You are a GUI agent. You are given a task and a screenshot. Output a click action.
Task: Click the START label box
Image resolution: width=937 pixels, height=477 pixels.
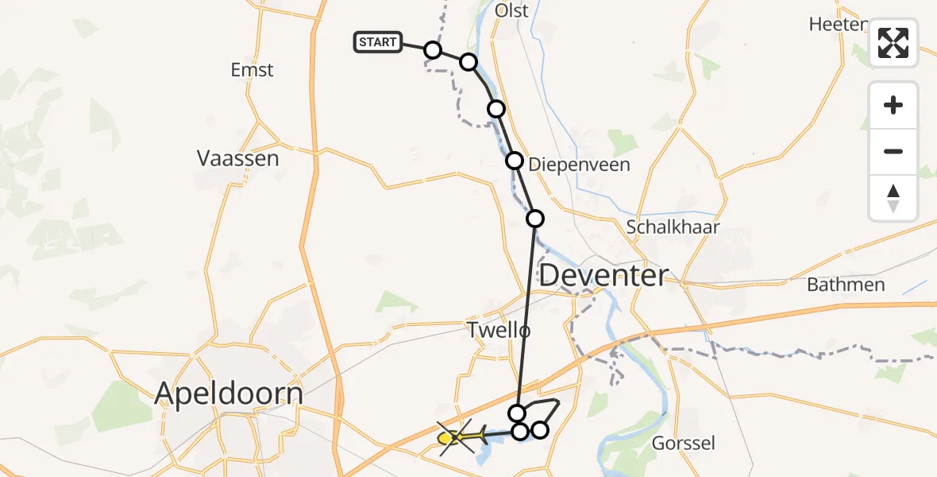point(378,42)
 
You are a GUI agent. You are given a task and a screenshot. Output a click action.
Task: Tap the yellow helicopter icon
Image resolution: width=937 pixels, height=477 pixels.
point(463,436)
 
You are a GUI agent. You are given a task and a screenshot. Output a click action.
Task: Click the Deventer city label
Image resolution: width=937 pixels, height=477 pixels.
point(603,276)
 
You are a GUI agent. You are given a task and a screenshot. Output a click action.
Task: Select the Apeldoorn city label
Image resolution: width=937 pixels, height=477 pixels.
point(229,394)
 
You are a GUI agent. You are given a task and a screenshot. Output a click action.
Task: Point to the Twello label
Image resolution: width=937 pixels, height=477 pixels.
point(498,329)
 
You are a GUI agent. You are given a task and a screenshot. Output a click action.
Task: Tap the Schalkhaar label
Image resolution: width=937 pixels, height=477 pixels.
point(673,227)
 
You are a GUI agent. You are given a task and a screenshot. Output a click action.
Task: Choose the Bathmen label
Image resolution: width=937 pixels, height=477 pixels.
point(846,284)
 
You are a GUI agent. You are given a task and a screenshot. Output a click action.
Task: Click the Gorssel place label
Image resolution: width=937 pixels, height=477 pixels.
point(682,443)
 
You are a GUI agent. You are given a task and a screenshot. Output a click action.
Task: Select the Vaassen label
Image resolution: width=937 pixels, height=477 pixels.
point(238,158)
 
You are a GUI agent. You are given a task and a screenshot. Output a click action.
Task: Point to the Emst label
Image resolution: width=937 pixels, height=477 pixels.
point(252,70)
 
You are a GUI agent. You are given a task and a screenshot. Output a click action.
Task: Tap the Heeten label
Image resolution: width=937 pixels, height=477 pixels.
point(837,24)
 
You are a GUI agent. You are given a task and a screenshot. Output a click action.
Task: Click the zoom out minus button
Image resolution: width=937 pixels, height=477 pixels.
point(893,151)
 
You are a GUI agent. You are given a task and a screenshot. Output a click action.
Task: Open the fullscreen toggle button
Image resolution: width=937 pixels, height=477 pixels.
point(893,43)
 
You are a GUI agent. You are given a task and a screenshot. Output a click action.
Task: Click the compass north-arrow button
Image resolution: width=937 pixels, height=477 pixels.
point(893,197)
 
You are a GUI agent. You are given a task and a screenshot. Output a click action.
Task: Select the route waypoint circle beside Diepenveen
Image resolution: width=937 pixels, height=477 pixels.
point(515,161)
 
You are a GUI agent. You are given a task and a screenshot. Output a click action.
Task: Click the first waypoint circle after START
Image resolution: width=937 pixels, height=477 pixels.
point(433,50)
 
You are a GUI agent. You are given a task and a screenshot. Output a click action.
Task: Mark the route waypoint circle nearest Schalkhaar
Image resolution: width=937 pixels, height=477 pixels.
point(535,218)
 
